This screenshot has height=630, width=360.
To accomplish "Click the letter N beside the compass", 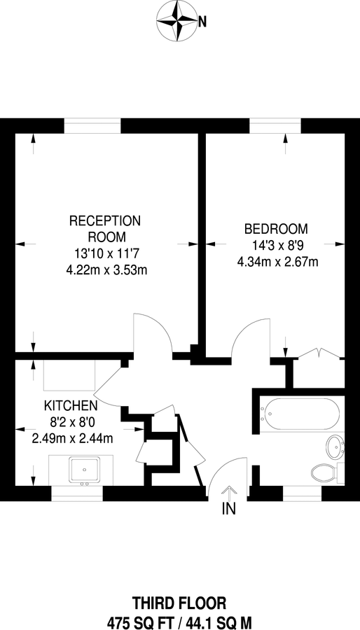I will pos(202,22).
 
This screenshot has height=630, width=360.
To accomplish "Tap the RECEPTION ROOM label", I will pos(105,229).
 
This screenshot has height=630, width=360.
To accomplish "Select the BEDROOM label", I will pos(275,229).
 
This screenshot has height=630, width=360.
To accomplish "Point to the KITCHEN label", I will pos(70,406).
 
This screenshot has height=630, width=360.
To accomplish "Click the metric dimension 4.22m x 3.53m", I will pos(105,269).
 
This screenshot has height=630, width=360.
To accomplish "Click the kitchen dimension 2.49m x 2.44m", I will pos(72,439).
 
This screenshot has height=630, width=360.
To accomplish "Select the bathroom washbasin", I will pos(335,444).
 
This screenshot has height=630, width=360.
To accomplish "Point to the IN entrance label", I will pos(228,510).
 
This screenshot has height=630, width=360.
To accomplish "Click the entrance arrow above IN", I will pos(228,491).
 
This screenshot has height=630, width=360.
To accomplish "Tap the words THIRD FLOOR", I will pos(179,603).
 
